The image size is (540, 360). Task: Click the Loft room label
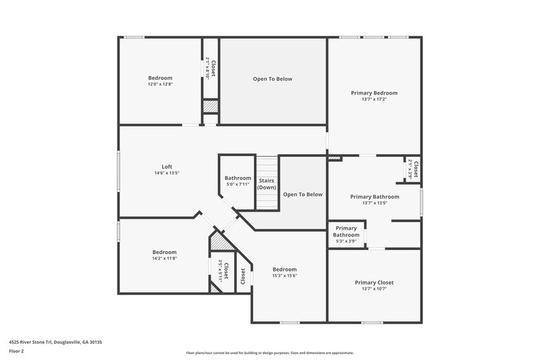click(x=167, y=167)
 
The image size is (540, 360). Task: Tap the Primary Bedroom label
click(x=374, y=93)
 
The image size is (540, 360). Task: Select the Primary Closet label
click(x=374, y=282)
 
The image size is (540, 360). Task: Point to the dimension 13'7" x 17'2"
click(x=374, y=99)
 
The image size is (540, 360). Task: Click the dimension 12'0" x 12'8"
click(x=161, y=84)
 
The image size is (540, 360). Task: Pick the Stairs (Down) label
click(x=266, y=184)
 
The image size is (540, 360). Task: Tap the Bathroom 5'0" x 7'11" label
click(x=238, y=178)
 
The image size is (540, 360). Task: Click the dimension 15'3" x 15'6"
click(x=284, y=276)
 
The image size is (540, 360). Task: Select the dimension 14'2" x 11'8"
click(x=164, y=258)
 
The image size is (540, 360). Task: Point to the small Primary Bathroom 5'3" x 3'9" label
click(x=346, y=232)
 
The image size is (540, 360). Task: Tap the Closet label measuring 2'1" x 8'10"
click(x=211, y=68)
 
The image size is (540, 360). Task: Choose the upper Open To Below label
click(x=273, y=79)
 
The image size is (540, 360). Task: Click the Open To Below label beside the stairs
click(x=302, y=195)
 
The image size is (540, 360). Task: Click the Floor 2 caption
click(x=16, y=351)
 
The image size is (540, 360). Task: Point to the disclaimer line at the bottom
click(x=270, y=353)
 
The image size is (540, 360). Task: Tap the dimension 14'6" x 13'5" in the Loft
click(x=167, y=173)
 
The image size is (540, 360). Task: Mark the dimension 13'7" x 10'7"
click(x=374, y=289)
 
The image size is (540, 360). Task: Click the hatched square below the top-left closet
click(x=211, y=107)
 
